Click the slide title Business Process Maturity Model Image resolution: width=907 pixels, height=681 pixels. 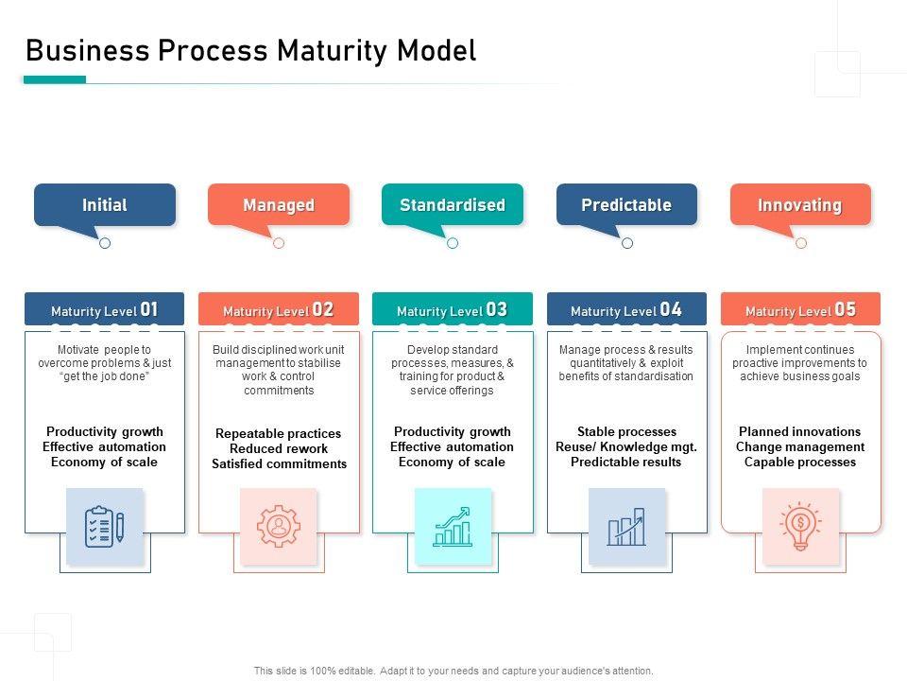[x=250, y=50]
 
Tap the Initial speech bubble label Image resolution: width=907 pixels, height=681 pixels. [x=105, y=204]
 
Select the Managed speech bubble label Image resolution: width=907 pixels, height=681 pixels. [x=279, y=204]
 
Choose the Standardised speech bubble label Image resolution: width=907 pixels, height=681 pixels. [x=453, y=204]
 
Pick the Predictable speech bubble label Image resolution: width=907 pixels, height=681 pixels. [x=626, y=204]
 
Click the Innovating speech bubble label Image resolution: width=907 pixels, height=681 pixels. [x=800, y=204]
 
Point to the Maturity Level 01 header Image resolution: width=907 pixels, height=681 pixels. [x=105, y=310]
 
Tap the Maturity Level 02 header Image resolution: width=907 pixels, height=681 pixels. [x=279, y=310]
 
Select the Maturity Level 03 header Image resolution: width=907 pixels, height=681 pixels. [x=453, y=310]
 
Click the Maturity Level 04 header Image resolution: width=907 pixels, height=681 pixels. [x=626, y=310]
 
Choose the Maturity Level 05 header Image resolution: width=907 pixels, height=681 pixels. [x=800, y=310]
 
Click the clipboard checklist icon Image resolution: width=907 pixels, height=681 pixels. [x=105, y=526]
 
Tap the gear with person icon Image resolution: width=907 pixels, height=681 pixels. [x=279, y=526]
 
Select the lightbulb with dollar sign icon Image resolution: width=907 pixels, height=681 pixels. [x=800, y=526]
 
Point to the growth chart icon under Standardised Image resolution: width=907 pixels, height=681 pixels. [x=453, y=526]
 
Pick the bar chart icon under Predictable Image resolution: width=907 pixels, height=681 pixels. [x=626, y=526]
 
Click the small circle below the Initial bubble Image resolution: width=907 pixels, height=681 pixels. [x=105, y=243]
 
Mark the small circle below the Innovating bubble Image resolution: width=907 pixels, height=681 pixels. [x=801, y=243]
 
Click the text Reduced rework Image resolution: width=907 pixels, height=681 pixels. [x=279, y=448]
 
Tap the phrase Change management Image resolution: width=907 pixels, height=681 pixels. [x=800, y=446]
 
